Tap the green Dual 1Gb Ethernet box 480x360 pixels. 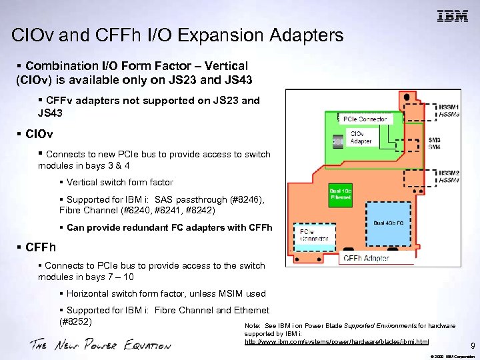point(341,194)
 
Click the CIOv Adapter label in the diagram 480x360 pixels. point(361,137)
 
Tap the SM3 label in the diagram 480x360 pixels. point(434,141)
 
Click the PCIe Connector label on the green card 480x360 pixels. point(365,119)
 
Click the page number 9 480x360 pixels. point(473,346)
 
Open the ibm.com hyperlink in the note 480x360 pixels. point(337,341)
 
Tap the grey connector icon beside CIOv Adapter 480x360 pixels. point(337,141)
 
